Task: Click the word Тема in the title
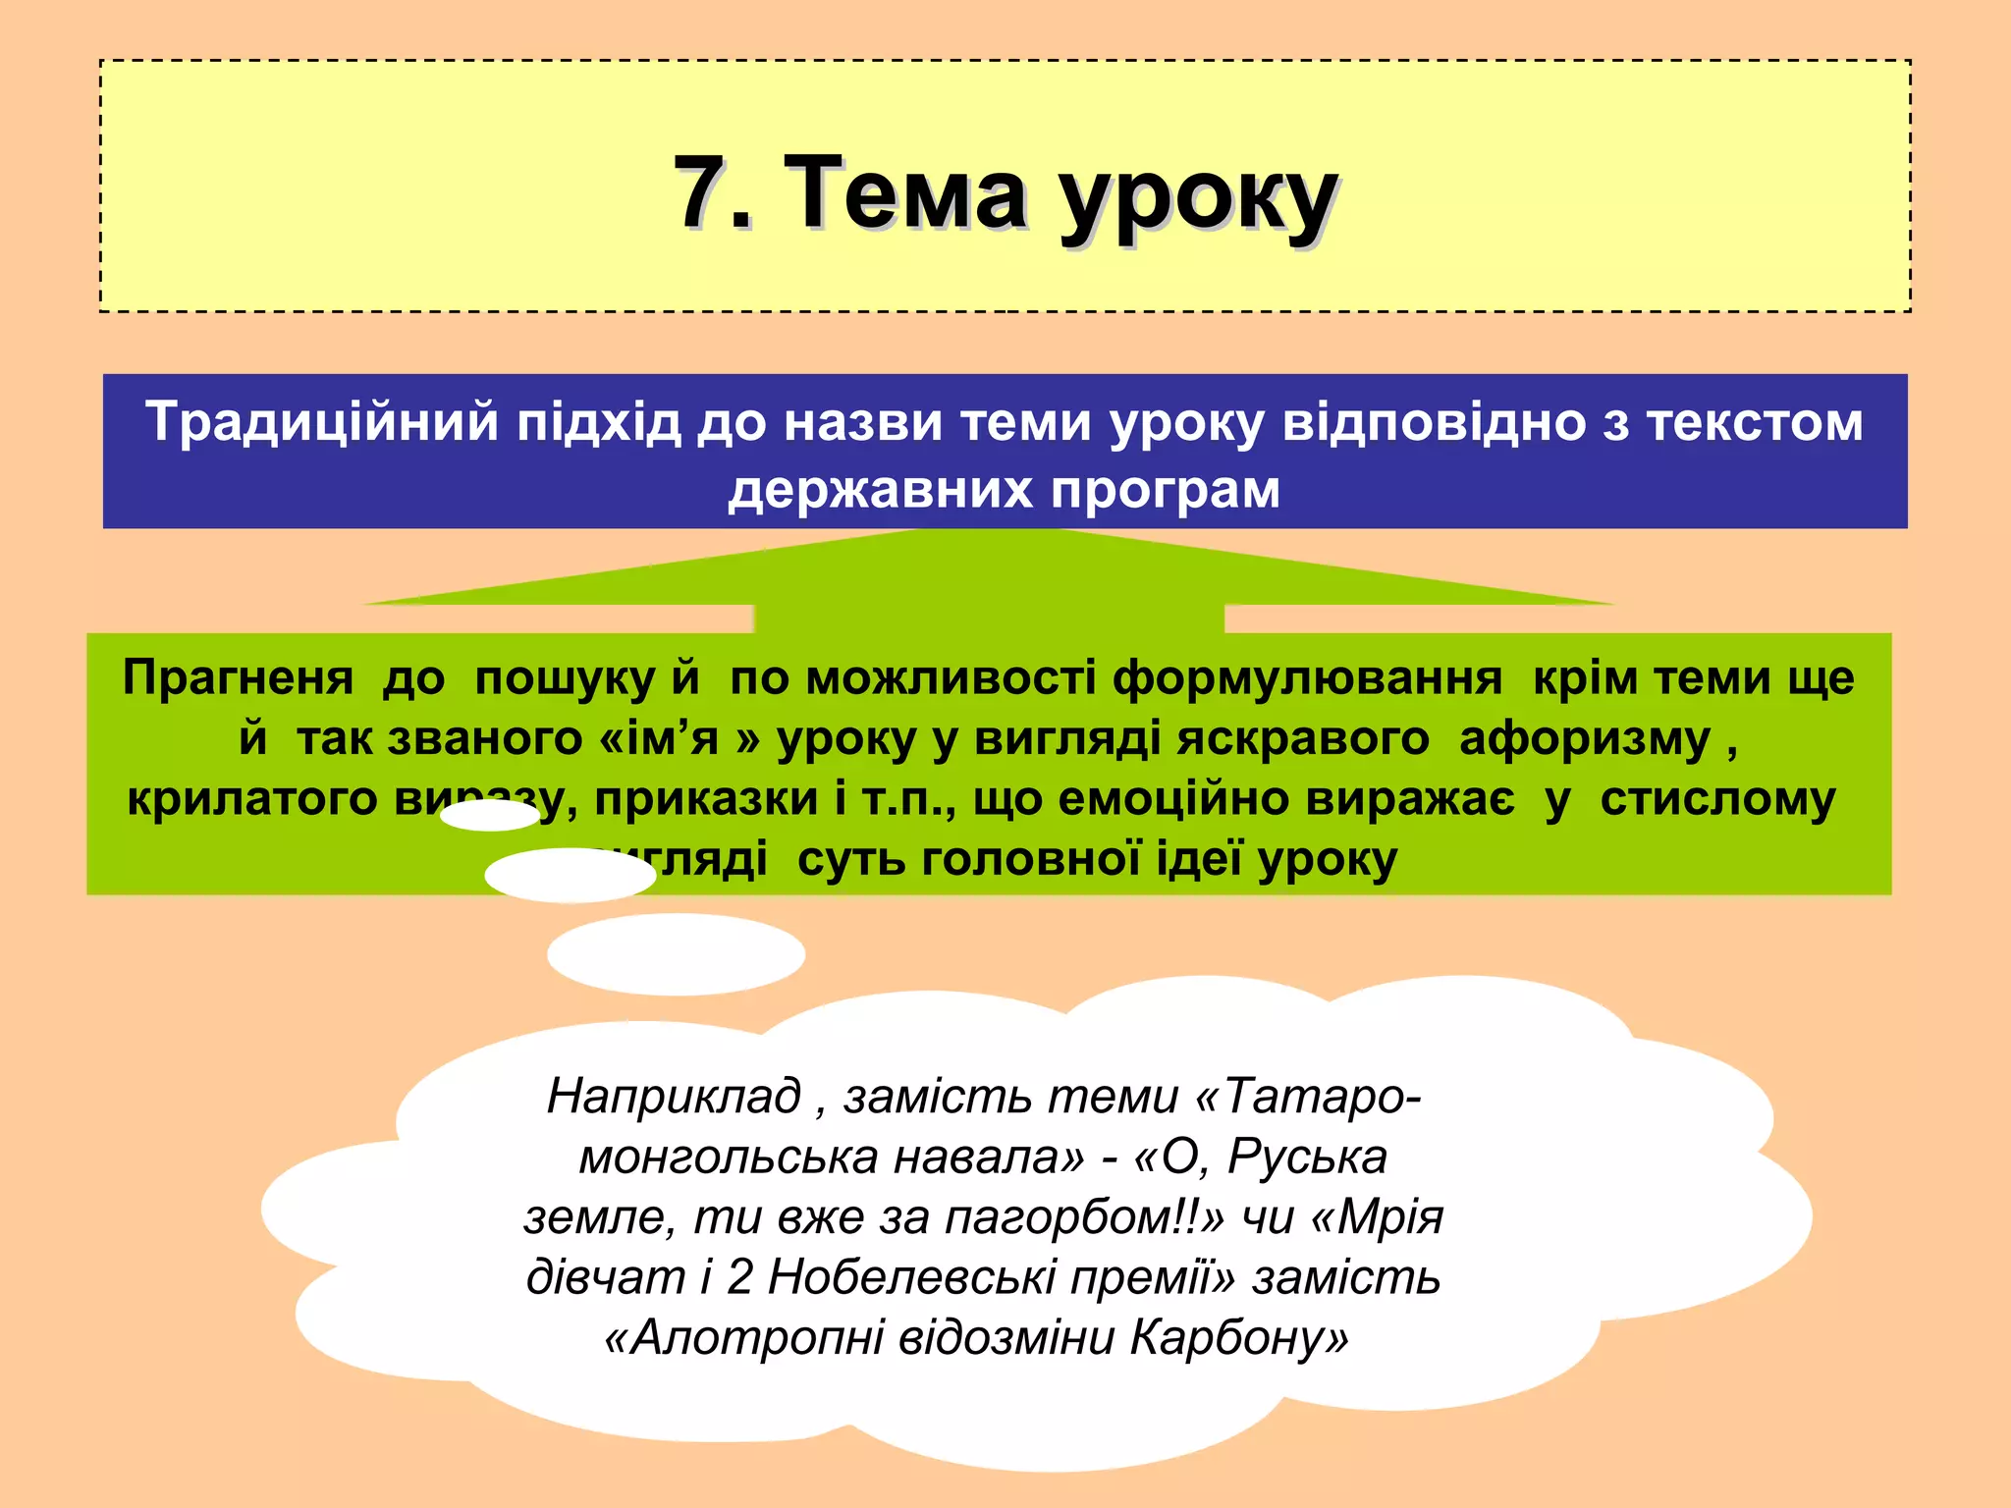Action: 907,193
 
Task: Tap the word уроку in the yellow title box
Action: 1199,201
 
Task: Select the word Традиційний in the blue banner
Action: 322,423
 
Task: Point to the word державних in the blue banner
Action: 881,490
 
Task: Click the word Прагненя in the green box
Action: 238,679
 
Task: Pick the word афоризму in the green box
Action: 1585,740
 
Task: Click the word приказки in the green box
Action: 706,800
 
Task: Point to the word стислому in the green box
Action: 1717,800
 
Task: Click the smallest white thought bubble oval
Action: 490,816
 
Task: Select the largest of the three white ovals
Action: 676,953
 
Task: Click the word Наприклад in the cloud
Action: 674,1096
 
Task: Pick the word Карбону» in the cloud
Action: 1239,1338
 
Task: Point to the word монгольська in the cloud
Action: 726,1158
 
